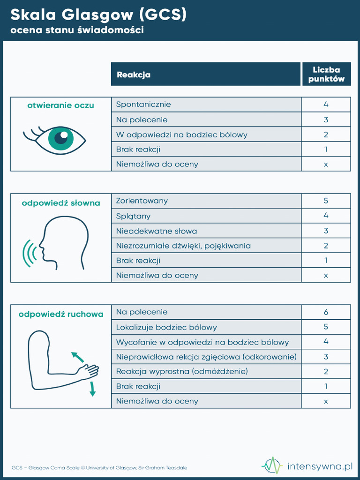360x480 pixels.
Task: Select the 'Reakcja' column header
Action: pyautogui.click(x=134, y=75)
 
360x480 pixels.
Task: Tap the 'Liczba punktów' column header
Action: pyautogui.click(x=326, y=75)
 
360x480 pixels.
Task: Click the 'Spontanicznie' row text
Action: pyautogui.click(x=143, y=105)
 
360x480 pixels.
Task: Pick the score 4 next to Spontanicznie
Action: pyautogui.click(x=326, y=105)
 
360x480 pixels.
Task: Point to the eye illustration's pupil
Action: pyautogui.click(x=61, y=137)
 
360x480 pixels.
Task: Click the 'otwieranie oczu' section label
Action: pyautogui.click(x=60, y=105)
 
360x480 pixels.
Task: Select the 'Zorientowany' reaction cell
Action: pyautogui.click(x=142, y=201)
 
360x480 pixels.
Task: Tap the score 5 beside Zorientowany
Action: pyautogui.click(x=326, y=201)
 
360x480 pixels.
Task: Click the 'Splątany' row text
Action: pyautogui.click(x=133, y=216)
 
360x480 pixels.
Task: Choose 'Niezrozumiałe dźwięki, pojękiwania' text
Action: pyautogui.click(x=183, y=246)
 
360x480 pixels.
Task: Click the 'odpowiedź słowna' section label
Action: pyautogui.click(x=61, y=203)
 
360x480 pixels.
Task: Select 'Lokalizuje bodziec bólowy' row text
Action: pyautogui.click(x=166, y=327)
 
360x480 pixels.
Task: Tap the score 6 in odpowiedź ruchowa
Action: pyautogui.click(x=326, y=312)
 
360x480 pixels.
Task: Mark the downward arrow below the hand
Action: pyautogui.click(x=92, y=389)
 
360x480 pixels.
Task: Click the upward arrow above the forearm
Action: pyautogui.click(x=77, y=357)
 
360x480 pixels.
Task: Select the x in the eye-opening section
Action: pyautogui.click(x=326, y=164)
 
